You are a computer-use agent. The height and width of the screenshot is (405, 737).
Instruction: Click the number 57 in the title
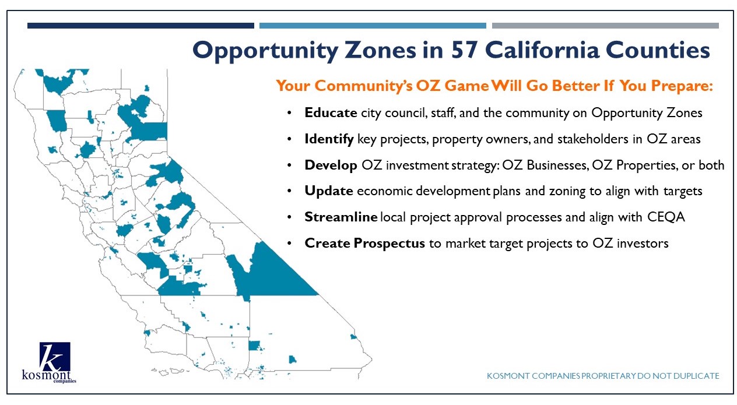point(464,50)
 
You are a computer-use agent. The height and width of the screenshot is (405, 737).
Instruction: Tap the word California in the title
point(542,50)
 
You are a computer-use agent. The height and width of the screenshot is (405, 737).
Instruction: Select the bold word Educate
point(331,112)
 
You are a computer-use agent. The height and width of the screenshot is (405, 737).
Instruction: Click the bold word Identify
point(329,139)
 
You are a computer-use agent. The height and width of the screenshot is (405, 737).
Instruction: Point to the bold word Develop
point(331,165)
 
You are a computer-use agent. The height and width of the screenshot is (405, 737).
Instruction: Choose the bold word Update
point(329,191)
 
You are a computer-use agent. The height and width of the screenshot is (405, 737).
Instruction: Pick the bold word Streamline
point(341,217)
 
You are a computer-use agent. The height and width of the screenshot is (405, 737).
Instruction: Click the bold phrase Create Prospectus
point(364,244)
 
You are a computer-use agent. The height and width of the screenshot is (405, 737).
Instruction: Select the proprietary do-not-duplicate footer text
point(603,376)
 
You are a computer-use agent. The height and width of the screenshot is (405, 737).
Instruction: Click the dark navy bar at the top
point(141,26)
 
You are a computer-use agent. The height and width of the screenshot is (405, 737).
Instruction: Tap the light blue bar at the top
point(373,26)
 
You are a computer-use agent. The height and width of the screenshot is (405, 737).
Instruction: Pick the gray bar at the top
point(605,26)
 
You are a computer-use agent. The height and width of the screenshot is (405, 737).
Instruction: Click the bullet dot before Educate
point(289,113)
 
